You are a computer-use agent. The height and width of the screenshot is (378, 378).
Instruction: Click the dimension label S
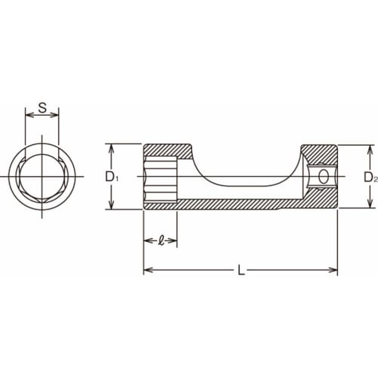43,107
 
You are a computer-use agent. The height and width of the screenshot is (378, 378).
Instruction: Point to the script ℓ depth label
160,242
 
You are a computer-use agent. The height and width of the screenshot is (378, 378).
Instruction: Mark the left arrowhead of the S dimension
29,117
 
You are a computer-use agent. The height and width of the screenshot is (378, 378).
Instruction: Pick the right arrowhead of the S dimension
58,117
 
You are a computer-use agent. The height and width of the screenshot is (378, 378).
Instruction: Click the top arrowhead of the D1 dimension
111,147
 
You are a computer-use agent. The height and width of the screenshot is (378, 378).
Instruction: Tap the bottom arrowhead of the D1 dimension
111,207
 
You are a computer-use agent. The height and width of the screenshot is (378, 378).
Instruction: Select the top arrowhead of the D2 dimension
369,148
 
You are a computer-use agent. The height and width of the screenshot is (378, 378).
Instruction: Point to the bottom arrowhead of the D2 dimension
369,206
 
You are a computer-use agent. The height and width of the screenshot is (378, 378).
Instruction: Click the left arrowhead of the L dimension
147,269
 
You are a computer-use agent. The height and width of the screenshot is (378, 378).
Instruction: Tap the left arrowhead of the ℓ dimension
147,242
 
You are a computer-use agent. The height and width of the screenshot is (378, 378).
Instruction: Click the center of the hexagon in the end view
43,177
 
